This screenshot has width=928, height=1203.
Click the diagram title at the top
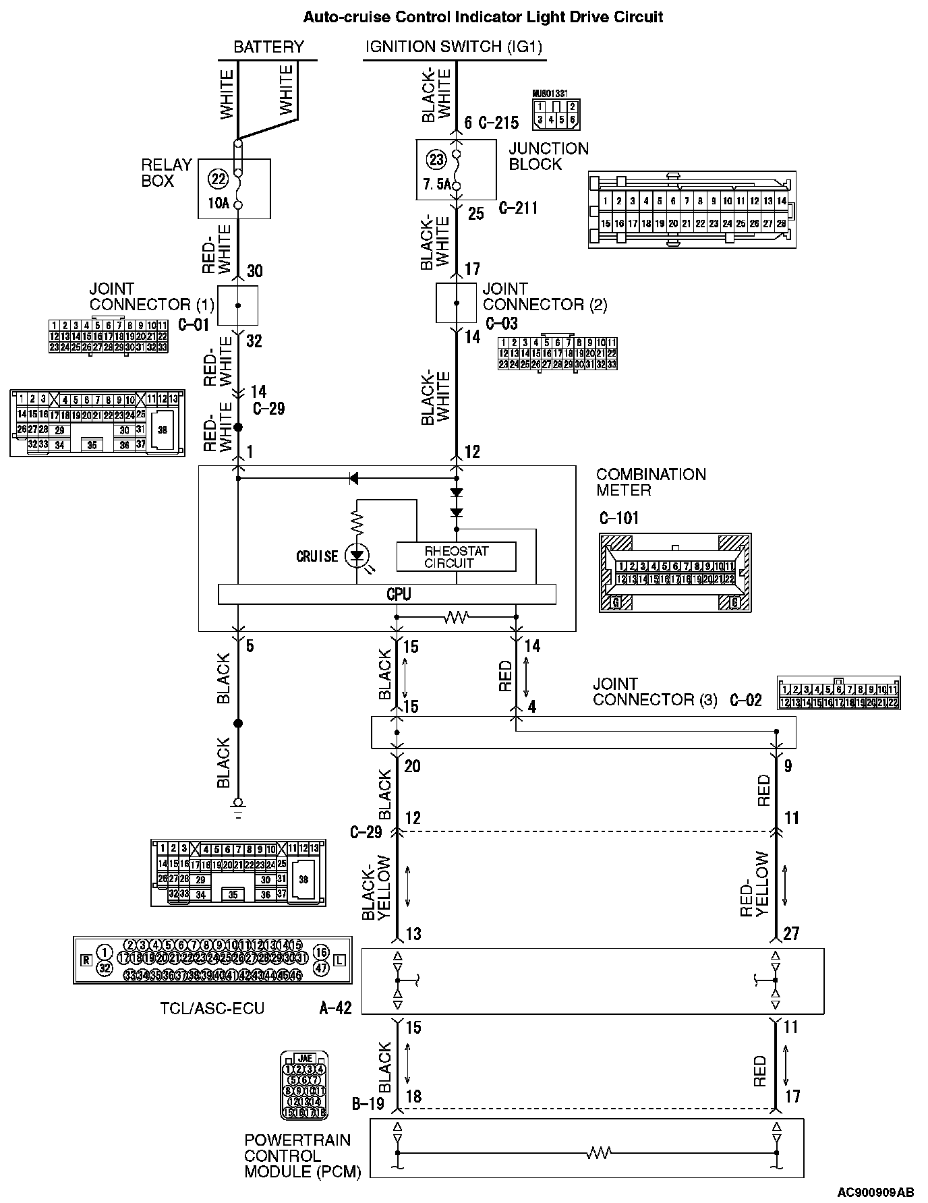(483, 17)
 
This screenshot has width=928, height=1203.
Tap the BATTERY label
(268, 47)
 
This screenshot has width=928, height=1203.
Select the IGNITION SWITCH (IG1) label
(454, 47)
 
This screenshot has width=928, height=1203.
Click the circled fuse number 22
(218, 179)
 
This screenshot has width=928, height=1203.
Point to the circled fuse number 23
(437, 160)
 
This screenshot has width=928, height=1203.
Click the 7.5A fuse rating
(436, 184)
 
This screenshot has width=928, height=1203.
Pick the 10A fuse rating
(218, 202)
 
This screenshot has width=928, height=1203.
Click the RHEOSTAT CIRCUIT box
(456, 557)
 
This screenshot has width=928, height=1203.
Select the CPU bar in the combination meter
(387, 594)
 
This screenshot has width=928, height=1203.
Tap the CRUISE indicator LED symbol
(357, 556)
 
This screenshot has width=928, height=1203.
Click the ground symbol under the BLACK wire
(237, 804)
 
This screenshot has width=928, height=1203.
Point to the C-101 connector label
(618, 518)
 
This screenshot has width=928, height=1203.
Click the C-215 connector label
(498, 123)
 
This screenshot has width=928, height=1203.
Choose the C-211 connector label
(518, 208)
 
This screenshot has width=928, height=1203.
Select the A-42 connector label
(335, 1009)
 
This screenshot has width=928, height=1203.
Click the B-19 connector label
(368, 1104)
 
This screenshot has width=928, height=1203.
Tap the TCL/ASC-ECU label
(212, 1009)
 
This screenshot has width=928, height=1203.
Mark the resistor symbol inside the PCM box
(598, 1153)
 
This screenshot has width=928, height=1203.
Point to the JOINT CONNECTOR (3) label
(655, 692)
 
